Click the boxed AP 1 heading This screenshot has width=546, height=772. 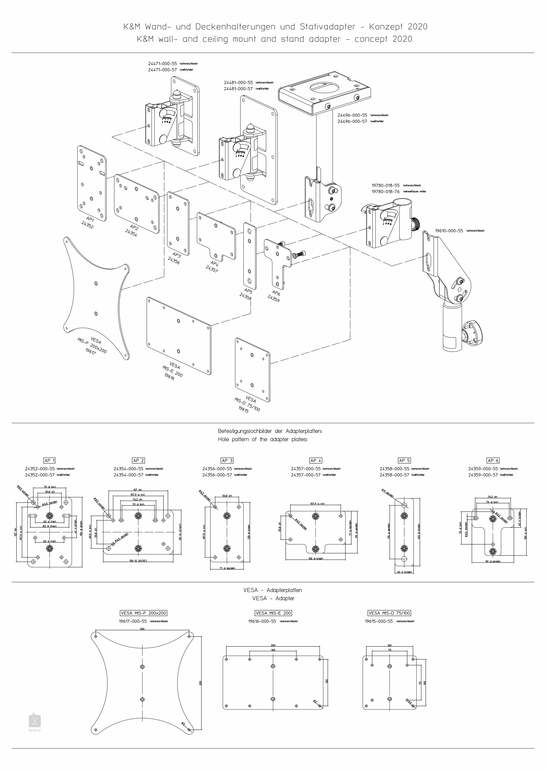pyautogui.click(x=49, y=460)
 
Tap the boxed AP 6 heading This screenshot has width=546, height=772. pyautogui.click(x=493, y=460)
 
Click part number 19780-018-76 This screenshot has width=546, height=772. pyautogui.click(x=386, y=192)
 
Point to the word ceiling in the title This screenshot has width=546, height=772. pyautogui.click(x=215, y=39)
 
